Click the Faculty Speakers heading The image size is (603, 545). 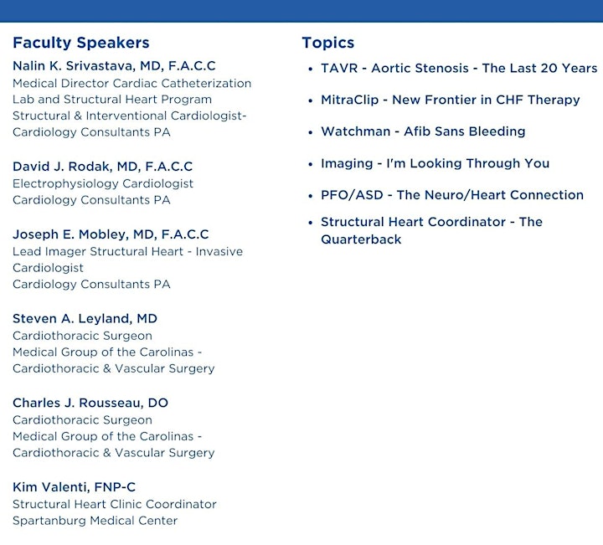tap(80, 43)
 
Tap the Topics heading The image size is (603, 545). tap(328, 43)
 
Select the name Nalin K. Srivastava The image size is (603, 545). tap(74, 66)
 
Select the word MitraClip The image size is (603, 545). tap(349, 100)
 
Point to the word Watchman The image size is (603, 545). tap(356, 131)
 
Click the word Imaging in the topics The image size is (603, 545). tap(347, 164)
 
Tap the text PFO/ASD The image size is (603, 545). tap(352, 195)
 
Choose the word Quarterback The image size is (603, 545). tap(361, 239)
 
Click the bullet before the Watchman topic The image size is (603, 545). tap(311, 132)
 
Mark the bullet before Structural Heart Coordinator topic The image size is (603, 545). tap(311, 222)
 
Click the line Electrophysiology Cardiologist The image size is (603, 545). tap(103, 183)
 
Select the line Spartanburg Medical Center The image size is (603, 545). tap(95, 521)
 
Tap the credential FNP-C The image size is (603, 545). tap(115, 487)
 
